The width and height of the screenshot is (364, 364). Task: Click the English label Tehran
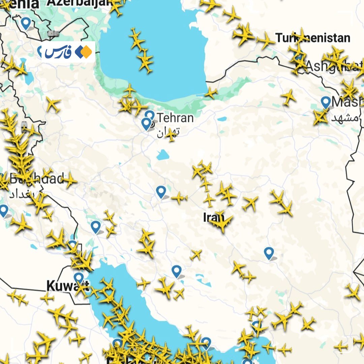tap(175, 118)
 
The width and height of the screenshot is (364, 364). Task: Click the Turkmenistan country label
tap(313, 38)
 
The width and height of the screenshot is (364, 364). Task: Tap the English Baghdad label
tap(37, 179)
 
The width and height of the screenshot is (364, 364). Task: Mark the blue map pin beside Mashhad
tap(326, 102)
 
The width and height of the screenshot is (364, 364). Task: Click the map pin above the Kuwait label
tap(79, 278)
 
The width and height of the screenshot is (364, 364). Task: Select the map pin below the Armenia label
tap(26, 23)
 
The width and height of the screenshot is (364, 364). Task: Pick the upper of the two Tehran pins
tap(150, 116)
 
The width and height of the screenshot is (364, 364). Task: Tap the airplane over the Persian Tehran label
tap(171, 134)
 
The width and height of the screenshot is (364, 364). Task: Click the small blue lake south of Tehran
tap(162, 155)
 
